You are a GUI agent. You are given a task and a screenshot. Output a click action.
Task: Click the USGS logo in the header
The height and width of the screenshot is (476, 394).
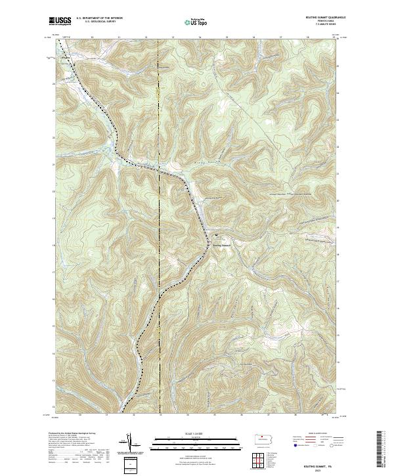pyautogui.click(x=60, y=21)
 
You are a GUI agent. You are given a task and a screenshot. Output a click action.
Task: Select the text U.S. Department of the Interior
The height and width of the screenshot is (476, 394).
pyautogui.click(x=99, y=18)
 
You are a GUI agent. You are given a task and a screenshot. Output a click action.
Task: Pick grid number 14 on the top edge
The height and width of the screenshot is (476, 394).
pyautogui.click(x=200, y=37)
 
